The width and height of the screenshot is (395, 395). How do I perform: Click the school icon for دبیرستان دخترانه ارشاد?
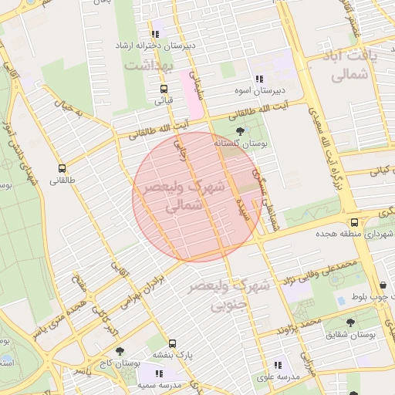tap(156, 33)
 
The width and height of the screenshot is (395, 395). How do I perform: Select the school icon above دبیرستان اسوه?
tap(258, 79)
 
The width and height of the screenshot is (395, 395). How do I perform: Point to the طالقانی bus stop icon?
tap(62, 168)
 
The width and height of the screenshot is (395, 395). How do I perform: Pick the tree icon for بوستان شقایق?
tap(350, 322)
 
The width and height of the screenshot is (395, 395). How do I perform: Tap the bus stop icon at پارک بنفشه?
tap(171, 343)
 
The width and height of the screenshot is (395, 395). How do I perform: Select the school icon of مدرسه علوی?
tap(277, 365)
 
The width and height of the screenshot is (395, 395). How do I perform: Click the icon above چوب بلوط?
tap(383, 285)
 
